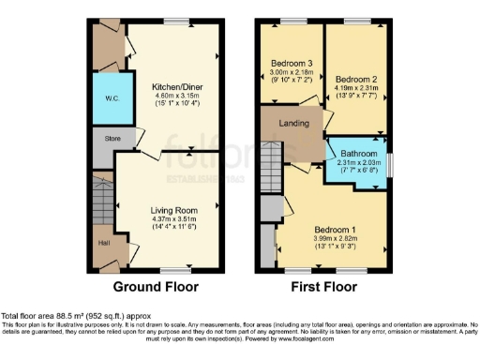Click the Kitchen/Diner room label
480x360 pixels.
point(171,85)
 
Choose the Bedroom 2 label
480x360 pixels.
point(355,79)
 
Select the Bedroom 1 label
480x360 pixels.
point(335,229)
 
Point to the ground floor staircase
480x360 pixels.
point(101,201)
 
